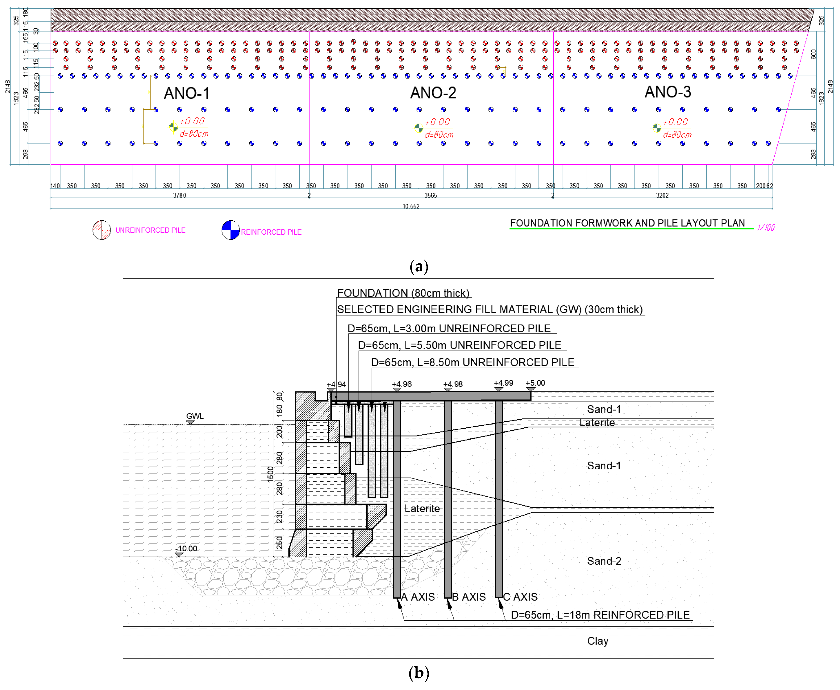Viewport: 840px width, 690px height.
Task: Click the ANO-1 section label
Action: (x=186, y=93)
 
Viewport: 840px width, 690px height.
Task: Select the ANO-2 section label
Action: (x=433, y=93)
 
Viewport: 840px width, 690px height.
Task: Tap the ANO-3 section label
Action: (x=668, y=92)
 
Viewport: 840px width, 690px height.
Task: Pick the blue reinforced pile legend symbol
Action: (x=231, y=230)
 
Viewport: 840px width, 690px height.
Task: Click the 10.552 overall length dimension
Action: (x=411, y=206)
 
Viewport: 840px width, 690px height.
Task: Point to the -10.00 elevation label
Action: (x=186, y=549)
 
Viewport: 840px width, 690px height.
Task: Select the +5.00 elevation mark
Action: (x=535, y=383)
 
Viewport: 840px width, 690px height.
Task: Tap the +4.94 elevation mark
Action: (x=336, y=385)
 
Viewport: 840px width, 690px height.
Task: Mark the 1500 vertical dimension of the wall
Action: (x=271, y=474)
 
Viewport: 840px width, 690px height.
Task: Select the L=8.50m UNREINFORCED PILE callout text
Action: (x=472, y=362)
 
